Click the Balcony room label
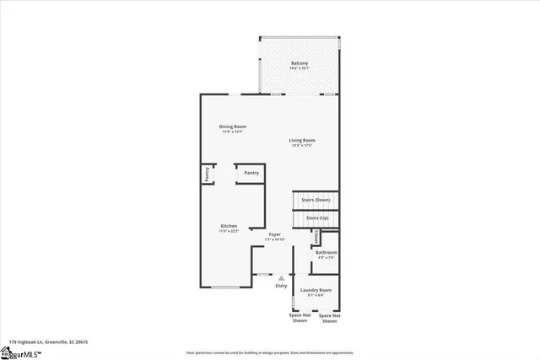(x=300, y=63)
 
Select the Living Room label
(x=302, y=140)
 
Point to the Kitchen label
(x=229, y=226)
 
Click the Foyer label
(x=274, y=234)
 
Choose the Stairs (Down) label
(x=316, y=199)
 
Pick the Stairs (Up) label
(x=317, y=218)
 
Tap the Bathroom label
(x=327, y=252)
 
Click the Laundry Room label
(x=316, y=290)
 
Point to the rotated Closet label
(x=316, y=239)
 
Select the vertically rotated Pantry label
(x=207, y=174)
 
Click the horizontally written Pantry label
(x=251, y=173)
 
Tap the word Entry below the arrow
(x=281, y=286)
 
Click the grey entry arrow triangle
(x=281, y=277)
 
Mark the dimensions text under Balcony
(x=300, y=68)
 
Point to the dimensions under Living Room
(x=302, y=145)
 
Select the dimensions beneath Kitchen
(x=229, y=231)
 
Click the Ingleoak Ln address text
(x=49, y=342)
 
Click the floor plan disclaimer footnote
(x=269, y=352)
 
